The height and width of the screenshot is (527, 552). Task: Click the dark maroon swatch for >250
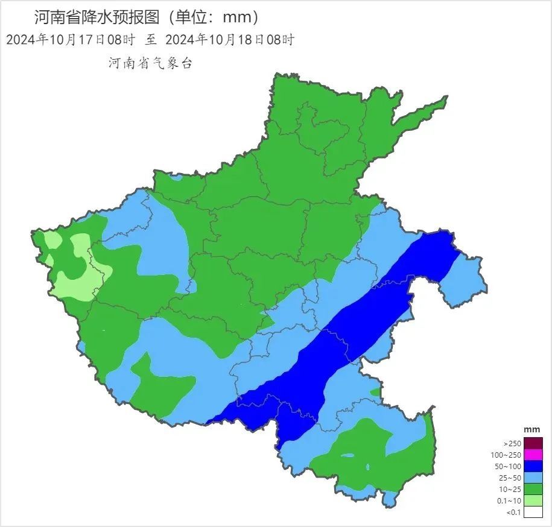pos(533,443)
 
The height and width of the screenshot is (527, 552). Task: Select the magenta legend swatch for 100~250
pos(533,455)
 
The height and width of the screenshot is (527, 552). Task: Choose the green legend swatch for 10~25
pos(533,490)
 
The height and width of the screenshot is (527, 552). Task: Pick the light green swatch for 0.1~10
pos(533,501)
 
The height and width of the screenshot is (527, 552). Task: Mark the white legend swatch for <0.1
pos(533,513)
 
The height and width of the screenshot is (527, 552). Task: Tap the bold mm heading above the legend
pos(531,429)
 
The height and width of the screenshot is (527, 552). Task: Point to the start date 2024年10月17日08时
pos(70,40)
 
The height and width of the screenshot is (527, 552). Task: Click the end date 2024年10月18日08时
pos(229,40)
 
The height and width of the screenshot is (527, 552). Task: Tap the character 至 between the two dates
pos(150,40)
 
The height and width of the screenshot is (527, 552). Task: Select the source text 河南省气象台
pos(150,63)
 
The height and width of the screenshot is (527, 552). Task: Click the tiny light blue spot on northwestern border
pos(176,178)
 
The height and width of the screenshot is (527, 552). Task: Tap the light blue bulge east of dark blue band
pos(463,277)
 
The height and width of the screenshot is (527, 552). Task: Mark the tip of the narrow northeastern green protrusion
pos(445,98)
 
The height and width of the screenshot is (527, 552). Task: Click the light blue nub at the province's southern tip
pos(390,499)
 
